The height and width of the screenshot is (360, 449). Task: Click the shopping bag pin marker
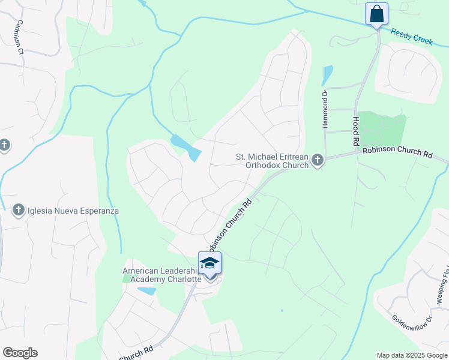(376, 14)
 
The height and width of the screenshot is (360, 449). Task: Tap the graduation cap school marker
(209, 265)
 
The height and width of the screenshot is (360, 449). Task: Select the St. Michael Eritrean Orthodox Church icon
(318, 160)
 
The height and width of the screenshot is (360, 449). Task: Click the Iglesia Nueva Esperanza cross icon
(18, 210)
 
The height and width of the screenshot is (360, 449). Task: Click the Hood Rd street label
(355, 127)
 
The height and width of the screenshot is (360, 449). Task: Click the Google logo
(20, 353)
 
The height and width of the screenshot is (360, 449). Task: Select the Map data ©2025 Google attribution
(412, 355)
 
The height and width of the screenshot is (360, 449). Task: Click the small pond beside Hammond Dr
(327, 74)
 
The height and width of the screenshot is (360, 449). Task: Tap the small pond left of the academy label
(146, 291)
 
